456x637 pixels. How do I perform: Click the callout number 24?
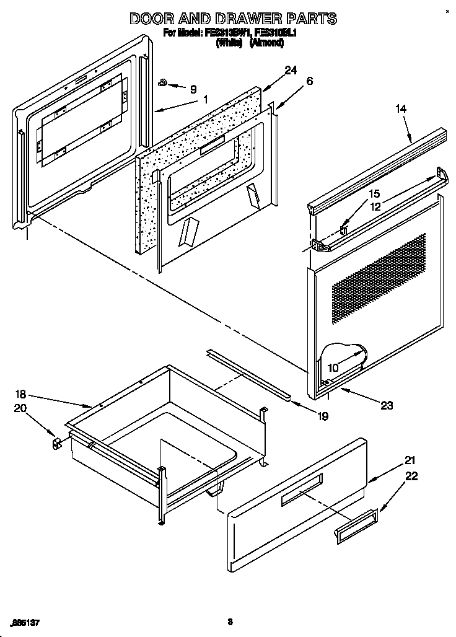coord(291,71)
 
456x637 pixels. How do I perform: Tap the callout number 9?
coord(193,88)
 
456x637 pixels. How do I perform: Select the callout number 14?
coord(401,109)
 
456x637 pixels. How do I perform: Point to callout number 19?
coord(322,417)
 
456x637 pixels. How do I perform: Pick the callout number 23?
coord(386,406)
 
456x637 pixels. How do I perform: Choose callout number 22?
coord(411,476)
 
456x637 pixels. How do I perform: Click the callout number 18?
coord(20,394)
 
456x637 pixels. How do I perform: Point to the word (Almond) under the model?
coord(266,43)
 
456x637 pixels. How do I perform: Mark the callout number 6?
coord(310,81)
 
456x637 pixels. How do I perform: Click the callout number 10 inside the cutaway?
coord(333,368)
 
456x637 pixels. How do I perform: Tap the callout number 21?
coord(410,460)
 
